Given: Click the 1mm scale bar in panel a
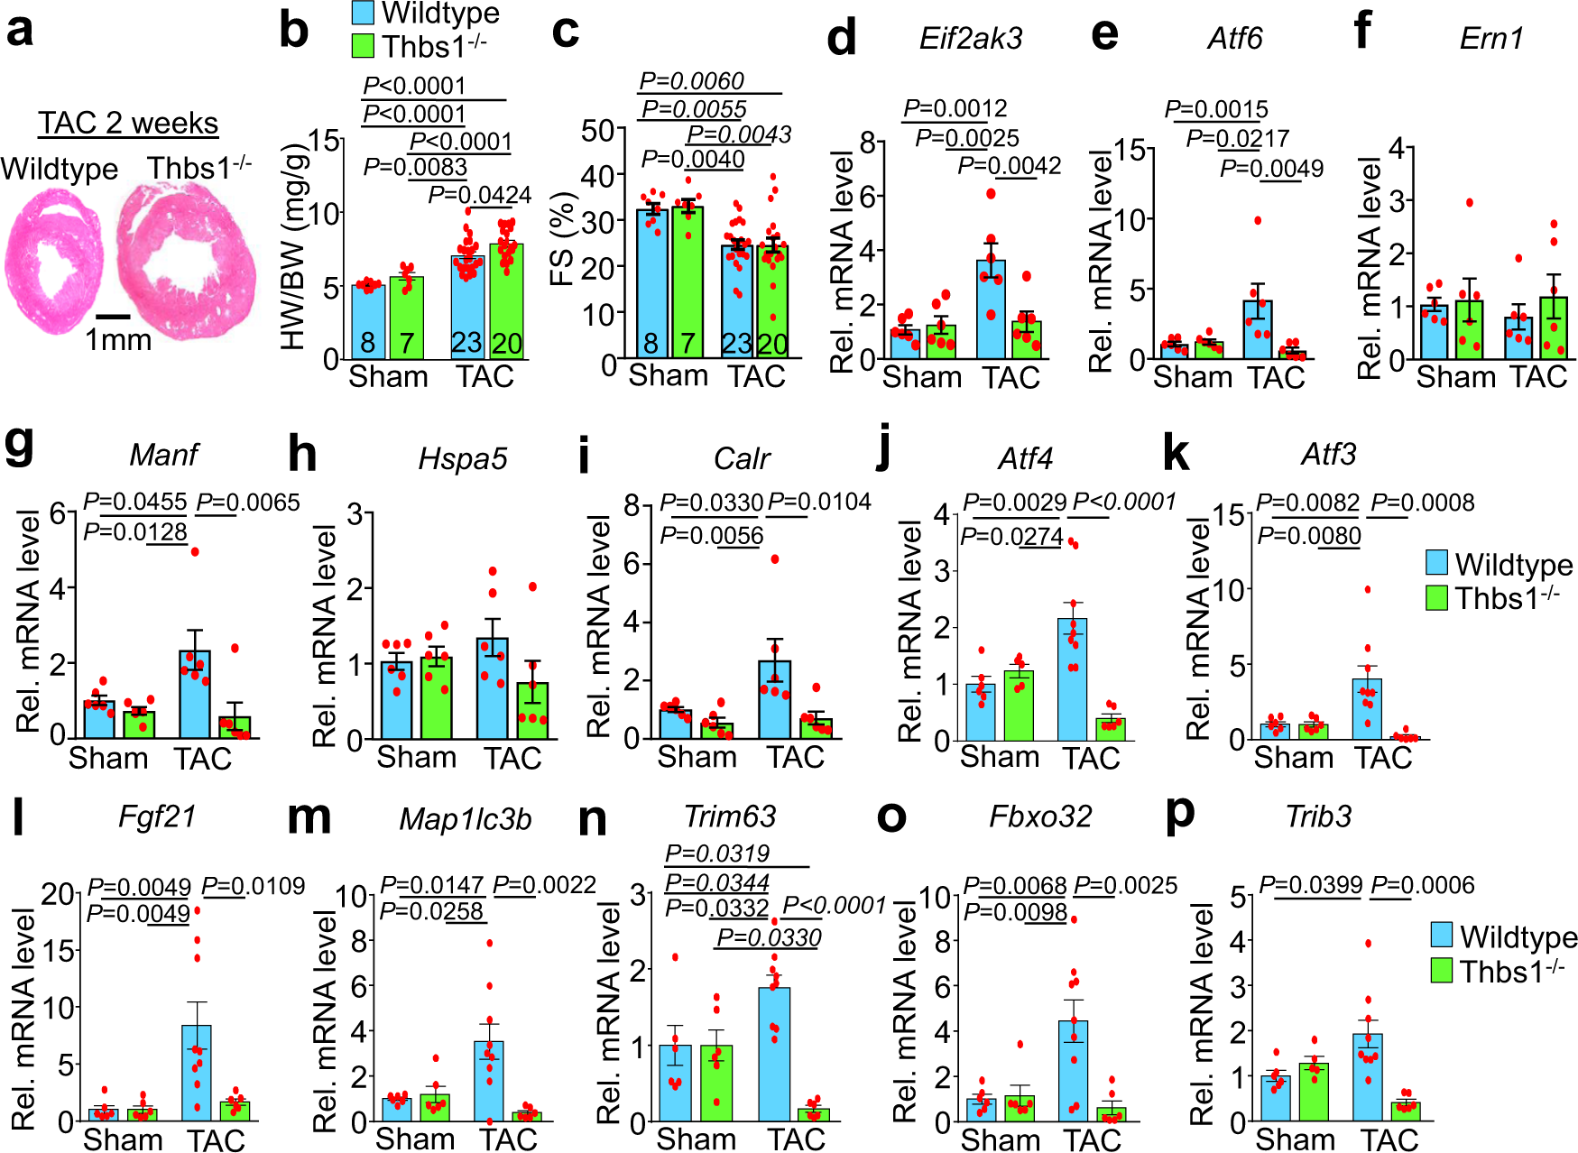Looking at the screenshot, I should pyautogui.click(x=113, y=317).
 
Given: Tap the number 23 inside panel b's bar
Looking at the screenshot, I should pyautogui.click(x=466, y=343).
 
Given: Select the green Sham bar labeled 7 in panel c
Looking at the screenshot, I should pyautogui.click(x=687, y=289).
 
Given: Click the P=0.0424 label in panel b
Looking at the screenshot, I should pyautogui.click(x=479, y=195).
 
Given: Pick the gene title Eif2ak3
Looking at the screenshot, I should pyautogui.click(x=971, y=39).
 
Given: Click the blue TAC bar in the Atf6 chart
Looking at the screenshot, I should pyautogui.click(x=1257, y=329).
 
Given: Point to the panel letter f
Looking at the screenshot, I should pyautogui.click(x=1362, y=32).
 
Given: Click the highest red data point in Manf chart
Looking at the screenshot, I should pyautogui.click(x=195, y=551).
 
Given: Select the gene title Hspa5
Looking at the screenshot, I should pyautogui.click(x=462, y=459).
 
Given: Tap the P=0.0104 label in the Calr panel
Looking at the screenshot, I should pyautogui.click(x=820, y=503).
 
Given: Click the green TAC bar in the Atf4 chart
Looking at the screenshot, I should pyautogui.click(x=1111, y=729).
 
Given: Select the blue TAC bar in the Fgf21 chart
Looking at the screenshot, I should pyautogui.click(x=197, y=1074).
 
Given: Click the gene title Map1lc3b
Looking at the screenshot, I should pyautogui.click(x=465, y=819).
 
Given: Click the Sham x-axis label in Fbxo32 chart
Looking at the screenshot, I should pyautogui.click(x=1000, y=1139).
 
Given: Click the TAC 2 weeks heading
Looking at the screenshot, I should pyautogui.click(x=128, y=123).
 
